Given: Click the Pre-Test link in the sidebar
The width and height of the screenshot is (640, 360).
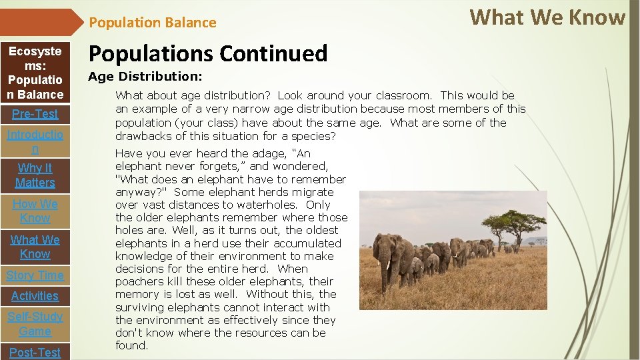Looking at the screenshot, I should (x=35, y=114).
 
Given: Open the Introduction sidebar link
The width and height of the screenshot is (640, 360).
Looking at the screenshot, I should (x=35, y=142).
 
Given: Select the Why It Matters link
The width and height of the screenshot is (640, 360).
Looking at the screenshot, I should (x=35, y=175).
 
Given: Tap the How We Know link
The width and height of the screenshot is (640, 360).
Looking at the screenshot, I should (x=35, y=211).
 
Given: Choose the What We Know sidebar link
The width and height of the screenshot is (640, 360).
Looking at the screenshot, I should (x=35, y=247).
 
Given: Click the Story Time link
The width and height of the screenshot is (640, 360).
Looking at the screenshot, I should (x=35, y=275).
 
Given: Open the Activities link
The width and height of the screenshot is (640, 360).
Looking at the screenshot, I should (x=35, y=296).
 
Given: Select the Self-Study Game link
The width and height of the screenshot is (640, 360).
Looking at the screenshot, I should (x=35, y=324).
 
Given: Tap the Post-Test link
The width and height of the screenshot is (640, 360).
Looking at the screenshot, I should (x=35, y=352).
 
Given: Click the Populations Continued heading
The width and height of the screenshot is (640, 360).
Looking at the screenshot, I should (x=208, y=53).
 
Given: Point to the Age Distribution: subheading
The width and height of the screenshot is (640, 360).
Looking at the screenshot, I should (x=145, y=77).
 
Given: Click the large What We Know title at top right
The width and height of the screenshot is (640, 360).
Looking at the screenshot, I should (x=547, y=17).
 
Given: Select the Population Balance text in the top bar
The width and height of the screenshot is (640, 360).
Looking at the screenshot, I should (x=153, y=23).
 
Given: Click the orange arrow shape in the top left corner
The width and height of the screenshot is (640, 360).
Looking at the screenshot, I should (x=40, y=22).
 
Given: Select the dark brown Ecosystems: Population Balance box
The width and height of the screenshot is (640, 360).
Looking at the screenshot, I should (x=35, y=73).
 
